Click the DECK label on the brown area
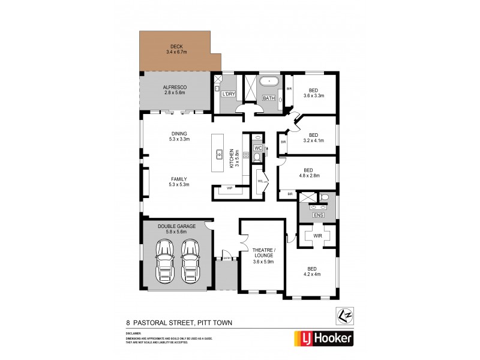coord(176,46)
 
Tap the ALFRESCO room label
coord(176,88)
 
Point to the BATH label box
coord(269,98)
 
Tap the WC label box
coord(257,147)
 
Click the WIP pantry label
coord(229,188)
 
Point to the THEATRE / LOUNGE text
coord(264,252)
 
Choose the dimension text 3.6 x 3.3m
coord(314,95)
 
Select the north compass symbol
coord(343,314)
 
